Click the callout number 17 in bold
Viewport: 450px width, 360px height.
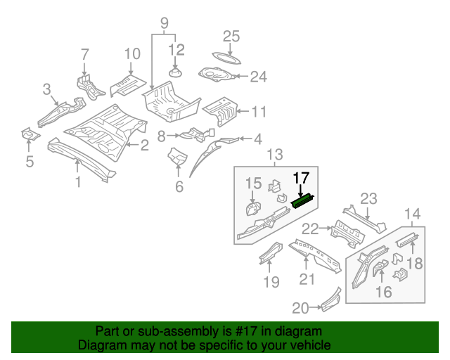tap(301, 178)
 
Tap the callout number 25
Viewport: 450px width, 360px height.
tap(231, 37)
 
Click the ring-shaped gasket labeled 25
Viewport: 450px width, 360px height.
tap(224, 56)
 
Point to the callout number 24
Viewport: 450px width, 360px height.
tap(258, 77)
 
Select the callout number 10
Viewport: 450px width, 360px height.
tap(133, 54)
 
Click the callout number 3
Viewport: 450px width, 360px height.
tap(46, 89)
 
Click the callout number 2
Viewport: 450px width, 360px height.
tap(144, 146)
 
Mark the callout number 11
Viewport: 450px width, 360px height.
tap(259, 111)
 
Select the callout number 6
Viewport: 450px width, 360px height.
tap(179, 186)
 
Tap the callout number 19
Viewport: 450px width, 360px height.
tap(271, 282)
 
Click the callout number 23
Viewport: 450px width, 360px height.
tap(369, 199)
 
